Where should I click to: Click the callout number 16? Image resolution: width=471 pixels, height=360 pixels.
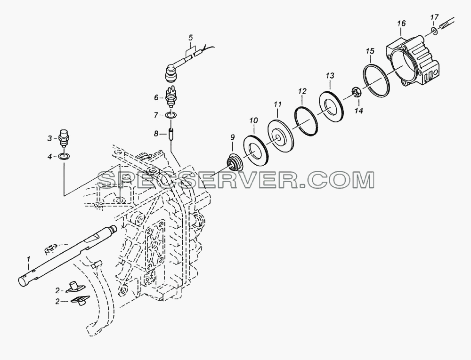tap(401, 24)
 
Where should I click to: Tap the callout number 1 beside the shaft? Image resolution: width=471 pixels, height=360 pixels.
tap(29, 258)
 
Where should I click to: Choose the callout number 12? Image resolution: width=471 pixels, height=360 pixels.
tap(302, 91)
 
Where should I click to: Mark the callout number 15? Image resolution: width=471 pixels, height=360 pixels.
tap(370, 51)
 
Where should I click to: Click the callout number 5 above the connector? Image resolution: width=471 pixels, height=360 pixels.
tap(190, 38)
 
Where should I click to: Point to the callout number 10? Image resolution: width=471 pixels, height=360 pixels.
tap(253, 121)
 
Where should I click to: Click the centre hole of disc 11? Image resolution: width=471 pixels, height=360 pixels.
tap(279, 138)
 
